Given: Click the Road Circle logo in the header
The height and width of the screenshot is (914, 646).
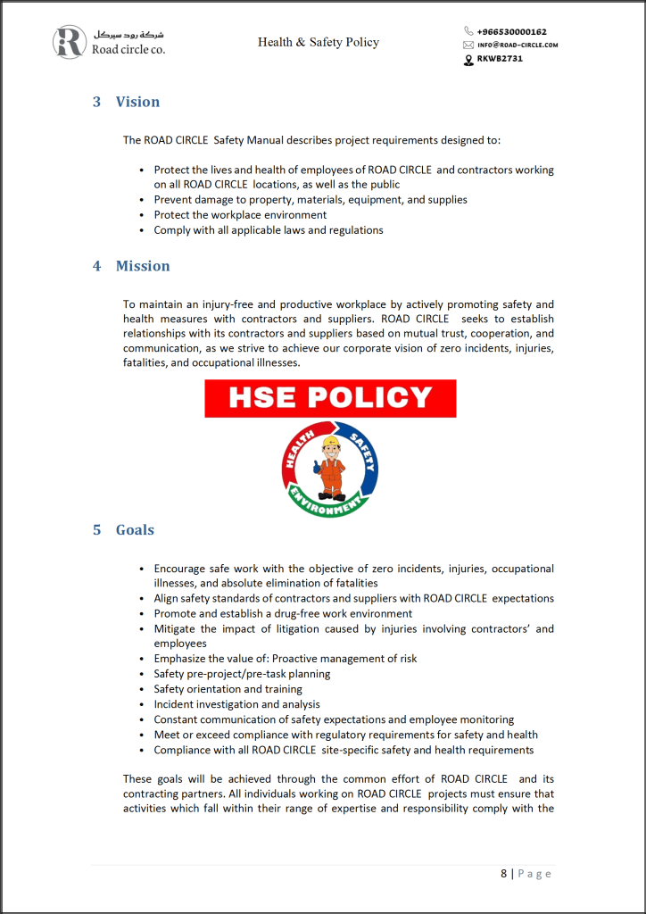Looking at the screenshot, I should [x=70, y=42].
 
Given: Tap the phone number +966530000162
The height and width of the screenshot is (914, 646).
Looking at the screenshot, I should [x=511, y=31].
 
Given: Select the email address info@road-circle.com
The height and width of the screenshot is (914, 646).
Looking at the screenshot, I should [x=518, y=45].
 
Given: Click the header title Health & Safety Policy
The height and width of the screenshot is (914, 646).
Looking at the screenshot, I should [x=319, y=42].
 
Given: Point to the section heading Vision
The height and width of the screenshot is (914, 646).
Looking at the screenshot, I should [x=137, y=102].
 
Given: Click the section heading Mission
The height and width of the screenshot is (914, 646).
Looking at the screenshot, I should [x=142, y=266].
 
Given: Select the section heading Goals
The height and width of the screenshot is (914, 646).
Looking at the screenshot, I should [x=135, y=530].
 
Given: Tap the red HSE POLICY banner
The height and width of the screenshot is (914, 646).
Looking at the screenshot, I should [x=330, y=398].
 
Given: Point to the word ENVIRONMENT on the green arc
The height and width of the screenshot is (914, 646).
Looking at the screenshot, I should [x=329, y=507].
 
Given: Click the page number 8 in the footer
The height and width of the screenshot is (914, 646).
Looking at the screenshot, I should [x=503, y=873].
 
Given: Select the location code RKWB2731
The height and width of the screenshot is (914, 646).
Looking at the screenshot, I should [x=499, y=59].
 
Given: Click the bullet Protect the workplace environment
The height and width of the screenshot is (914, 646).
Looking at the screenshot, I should [x=240, y=215].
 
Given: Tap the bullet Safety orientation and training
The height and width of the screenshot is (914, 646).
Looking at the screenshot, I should [x=228, y=689].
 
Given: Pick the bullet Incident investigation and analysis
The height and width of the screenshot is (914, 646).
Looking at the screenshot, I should [x=236, y=704].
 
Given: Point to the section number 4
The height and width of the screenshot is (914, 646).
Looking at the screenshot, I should [x=96, y=266].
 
